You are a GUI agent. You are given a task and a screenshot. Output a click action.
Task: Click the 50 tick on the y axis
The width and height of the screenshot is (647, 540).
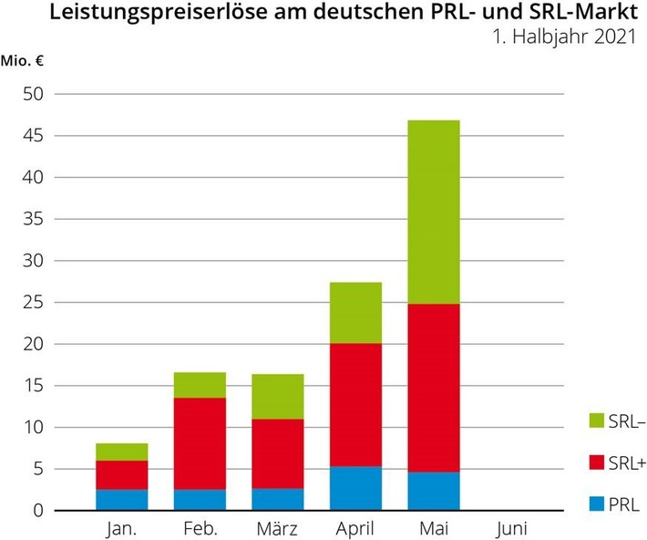click(33, 94)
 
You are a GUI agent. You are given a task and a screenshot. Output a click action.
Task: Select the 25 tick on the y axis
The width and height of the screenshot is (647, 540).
click(33, 303)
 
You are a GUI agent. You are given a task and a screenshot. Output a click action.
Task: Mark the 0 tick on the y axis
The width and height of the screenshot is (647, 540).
click(37, 511)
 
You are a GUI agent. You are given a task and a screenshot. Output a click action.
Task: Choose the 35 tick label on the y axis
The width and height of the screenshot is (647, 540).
click(33, 219)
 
